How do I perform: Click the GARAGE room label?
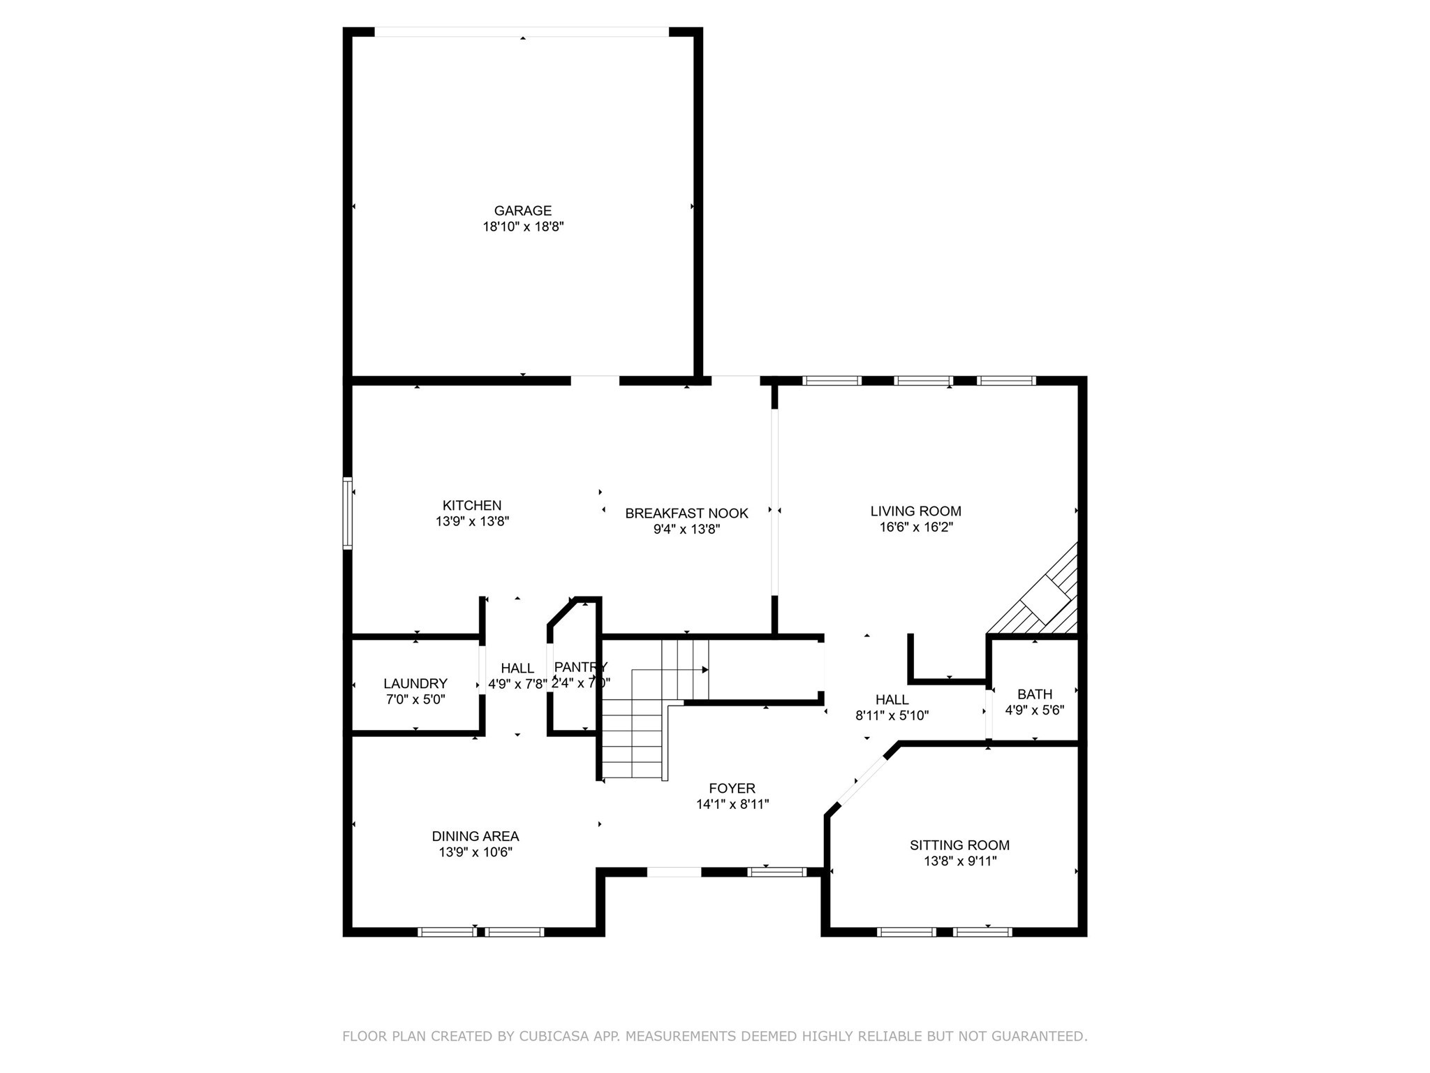point(522,210)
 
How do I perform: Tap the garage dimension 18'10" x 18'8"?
point(522,226)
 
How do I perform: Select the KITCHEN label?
point(472,505)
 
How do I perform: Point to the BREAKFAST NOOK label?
point(686,513)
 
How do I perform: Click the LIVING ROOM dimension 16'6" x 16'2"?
point(915,527)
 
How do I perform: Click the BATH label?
point(1034,694)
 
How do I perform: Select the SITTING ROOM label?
point(959,845)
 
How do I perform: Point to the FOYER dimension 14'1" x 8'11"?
point(732,804)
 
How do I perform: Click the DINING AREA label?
point(475,836)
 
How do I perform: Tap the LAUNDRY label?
point(415,683)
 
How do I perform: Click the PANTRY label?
point(580,667)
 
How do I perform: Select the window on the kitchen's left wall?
point(347,513)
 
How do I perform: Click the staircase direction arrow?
point(705,669)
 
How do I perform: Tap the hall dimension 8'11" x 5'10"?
point(892,715)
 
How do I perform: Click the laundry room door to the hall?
point(482,669)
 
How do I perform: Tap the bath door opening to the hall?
point(989,714)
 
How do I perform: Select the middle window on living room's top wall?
point(923,381)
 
